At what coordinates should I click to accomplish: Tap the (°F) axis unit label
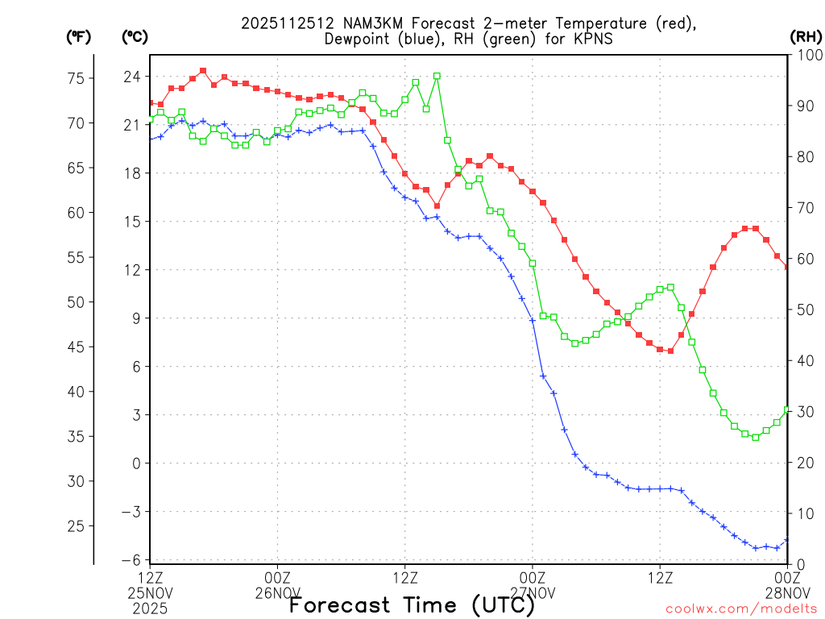click(x=78, y=36)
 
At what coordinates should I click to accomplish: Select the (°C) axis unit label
click(x=135, y=36)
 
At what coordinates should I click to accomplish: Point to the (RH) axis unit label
click(x=804, y=36)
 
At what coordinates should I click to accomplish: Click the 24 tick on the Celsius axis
click(x=132, y=77)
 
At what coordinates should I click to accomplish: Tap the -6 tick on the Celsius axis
click(x=132, y=560)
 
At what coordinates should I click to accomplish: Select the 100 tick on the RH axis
click(x=806, y=55)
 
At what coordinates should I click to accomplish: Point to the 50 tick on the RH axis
click(x=803, y=309)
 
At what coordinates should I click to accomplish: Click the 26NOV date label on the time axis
click(x=278, y=593)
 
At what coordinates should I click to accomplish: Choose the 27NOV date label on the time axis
click(x=533, y=593)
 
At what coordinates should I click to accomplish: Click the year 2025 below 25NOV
click(x=151, y=609)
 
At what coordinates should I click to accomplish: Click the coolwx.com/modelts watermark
click(x=741, y=609)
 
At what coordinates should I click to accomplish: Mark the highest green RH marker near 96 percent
click(x=437, y=76)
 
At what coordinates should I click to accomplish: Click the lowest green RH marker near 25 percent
click(x=756, y=437)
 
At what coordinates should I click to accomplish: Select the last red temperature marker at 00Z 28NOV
click(x=786, y=267)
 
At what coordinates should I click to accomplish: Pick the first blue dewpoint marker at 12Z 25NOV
click(x=151, y=139)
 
